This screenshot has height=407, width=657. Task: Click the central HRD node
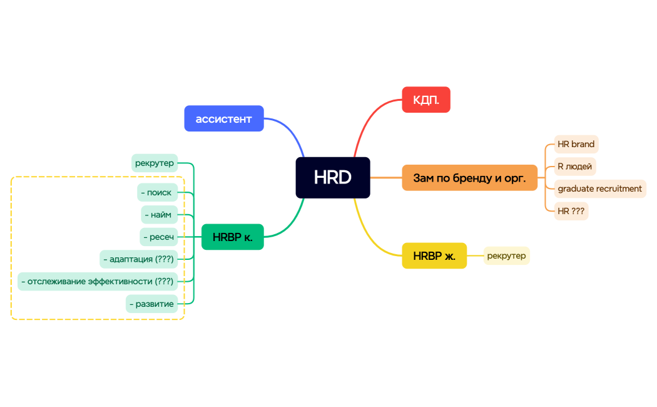click(332, 177)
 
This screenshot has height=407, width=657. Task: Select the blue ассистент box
click(223, 118)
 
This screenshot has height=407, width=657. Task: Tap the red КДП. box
click(425, 100)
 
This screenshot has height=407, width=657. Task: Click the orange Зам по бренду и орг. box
click(469, 178)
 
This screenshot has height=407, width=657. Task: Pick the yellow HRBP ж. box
click(434, 255)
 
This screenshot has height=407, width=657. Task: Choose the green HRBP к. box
click(232, 237)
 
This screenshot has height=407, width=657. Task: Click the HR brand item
click(576, 144)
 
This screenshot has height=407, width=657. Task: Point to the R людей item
click(574, 167)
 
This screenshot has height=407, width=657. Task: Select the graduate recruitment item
click(599, 188)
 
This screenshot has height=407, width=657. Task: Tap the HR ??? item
click(571, 211)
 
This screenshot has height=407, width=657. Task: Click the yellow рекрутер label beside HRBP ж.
click(506, 255)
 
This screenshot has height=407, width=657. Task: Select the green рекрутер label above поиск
click(155, 163)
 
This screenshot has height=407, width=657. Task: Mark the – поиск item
click(156, 192)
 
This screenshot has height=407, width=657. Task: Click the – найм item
click(159, 215)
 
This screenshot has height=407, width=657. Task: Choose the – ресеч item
click(158, 237)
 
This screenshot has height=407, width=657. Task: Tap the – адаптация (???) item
click(138, 259)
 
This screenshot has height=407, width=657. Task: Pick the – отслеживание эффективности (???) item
click(97, 281)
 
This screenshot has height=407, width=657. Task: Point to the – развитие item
click(151, 304)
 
